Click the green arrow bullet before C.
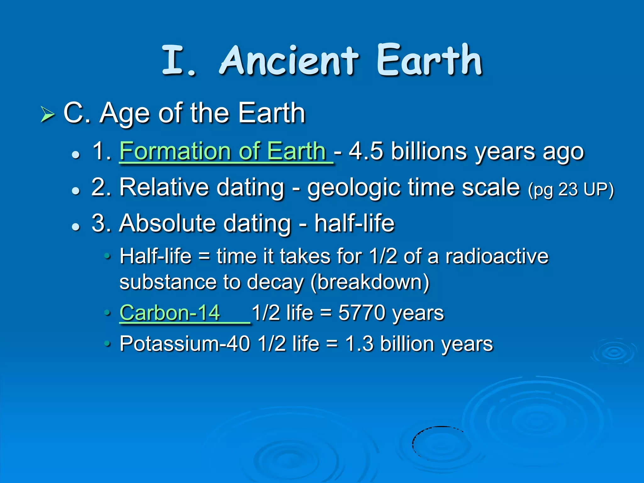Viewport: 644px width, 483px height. [x=48, y=114]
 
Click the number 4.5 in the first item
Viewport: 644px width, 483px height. [x=366, y=151]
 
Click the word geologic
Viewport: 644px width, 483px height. [x=354, y=188]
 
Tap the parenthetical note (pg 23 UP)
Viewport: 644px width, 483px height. [x=571, y=190]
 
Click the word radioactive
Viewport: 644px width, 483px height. [x=497, y=256]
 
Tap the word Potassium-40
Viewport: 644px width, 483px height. [x=185, y=344]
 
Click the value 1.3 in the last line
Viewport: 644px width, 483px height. [x=359, y=344]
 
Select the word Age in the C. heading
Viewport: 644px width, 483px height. [x=125, y=114]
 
